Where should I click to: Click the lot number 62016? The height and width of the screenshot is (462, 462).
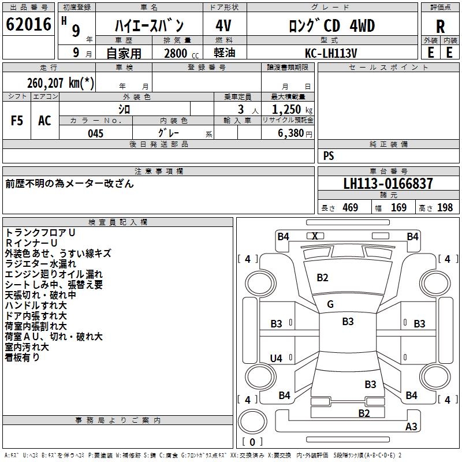pyautogui.click(x=28, y=26)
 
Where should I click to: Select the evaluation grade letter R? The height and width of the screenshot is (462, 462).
pyautogui.click(x=440, y=27)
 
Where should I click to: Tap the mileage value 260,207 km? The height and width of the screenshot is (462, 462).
pyautogui.click(x=60, y=83)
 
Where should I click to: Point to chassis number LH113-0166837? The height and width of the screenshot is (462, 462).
pyautogui.click(x=388, y=184)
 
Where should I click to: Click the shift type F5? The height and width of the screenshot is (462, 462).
pyautogui.click(x=17, y=121)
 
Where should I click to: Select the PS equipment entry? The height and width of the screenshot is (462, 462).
pyautogui.click(x=329, y=156)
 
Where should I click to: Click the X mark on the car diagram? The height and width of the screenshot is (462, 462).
pyautogui.click(x=315, y=236)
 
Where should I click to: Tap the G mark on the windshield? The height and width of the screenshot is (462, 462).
pyautogui.click(x=330, y=304)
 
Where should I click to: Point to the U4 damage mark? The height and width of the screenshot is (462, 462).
pyautogui.click(x=277, y=359)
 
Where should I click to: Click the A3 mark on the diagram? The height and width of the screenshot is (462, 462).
pyautogui.click(x=411, y=427)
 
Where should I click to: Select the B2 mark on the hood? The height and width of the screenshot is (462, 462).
pyautogui.click(x=322, y=278)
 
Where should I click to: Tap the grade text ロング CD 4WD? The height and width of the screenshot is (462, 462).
pyautogui.click(x=331, y=26)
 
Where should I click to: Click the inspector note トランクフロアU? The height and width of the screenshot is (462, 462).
pyautogui.click(x=40, y=232)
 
